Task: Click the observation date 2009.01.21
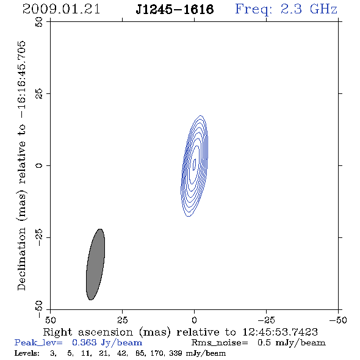61,9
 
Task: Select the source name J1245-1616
175,10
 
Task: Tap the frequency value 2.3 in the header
291,9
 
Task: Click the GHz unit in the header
323,9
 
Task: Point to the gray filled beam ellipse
96,264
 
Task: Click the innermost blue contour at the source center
194,165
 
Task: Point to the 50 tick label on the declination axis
39,22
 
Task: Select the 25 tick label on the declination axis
39,94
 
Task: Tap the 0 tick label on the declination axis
39,165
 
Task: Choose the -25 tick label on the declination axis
39,237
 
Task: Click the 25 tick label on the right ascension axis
122,320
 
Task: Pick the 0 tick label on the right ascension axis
194,320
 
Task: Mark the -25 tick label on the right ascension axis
266,320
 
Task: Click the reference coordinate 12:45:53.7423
280,332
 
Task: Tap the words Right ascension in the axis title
88,333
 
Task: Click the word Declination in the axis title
21,259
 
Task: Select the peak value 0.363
84,342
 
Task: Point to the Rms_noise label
220,343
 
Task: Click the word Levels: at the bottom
27,353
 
